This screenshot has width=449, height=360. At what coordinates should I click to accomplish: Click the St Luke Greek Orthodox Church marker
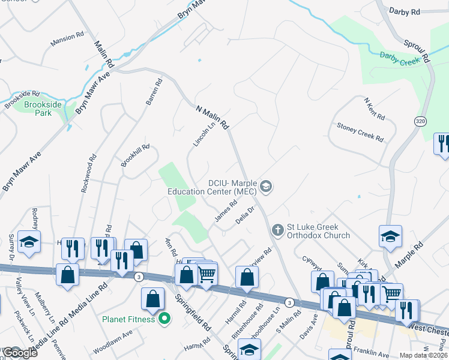click(x=277, y=229)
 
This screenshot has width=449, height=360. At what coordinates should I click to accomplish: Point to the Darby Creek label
click(x=399, y=56)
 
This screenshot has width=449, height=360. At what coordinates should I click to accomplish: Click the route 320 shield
click(x=419, y=121)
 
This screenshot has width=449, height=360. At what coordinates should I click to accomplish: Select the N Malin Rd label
click(x=213, y=116)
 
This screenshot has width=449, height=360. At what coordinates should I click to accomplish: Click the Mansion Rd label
click(x=67, y=38)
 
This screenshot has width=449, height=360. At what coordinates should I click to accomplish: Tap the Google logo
click(x=20, y=353)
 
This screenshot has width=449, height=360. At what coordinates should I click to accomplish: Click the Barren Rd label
click(x=154, y=93)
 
